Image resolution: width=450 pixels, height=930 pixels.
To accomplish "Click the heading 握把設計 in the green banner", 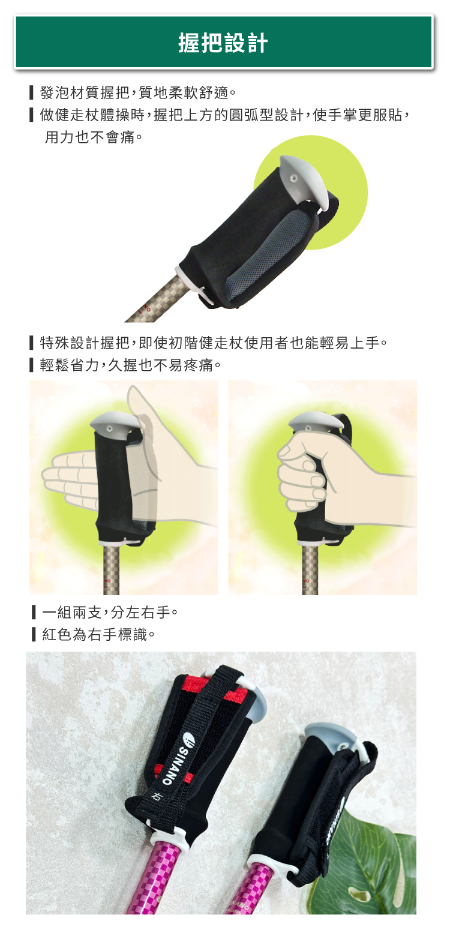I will point(223,43).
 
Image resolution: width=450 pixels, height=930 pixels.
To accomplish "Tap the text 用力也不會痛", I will point(93,137).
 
